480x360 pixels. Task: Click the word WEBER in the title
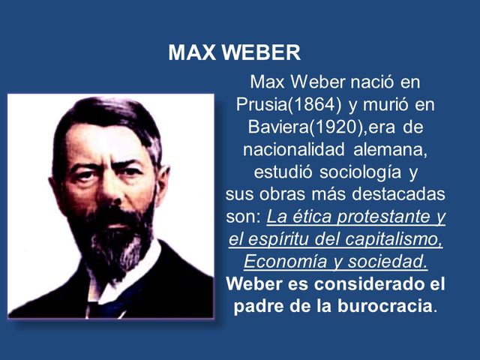pyautogui.click(x=262, y=53)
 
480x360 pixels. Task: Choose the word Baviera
pyautogui.click(x=275, y=125)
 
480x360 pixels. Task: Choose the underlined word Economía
pyautogui.click(x=279, y=263)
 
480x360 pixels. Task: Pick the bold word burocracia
pyautogui.click(x=382, y=308)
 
